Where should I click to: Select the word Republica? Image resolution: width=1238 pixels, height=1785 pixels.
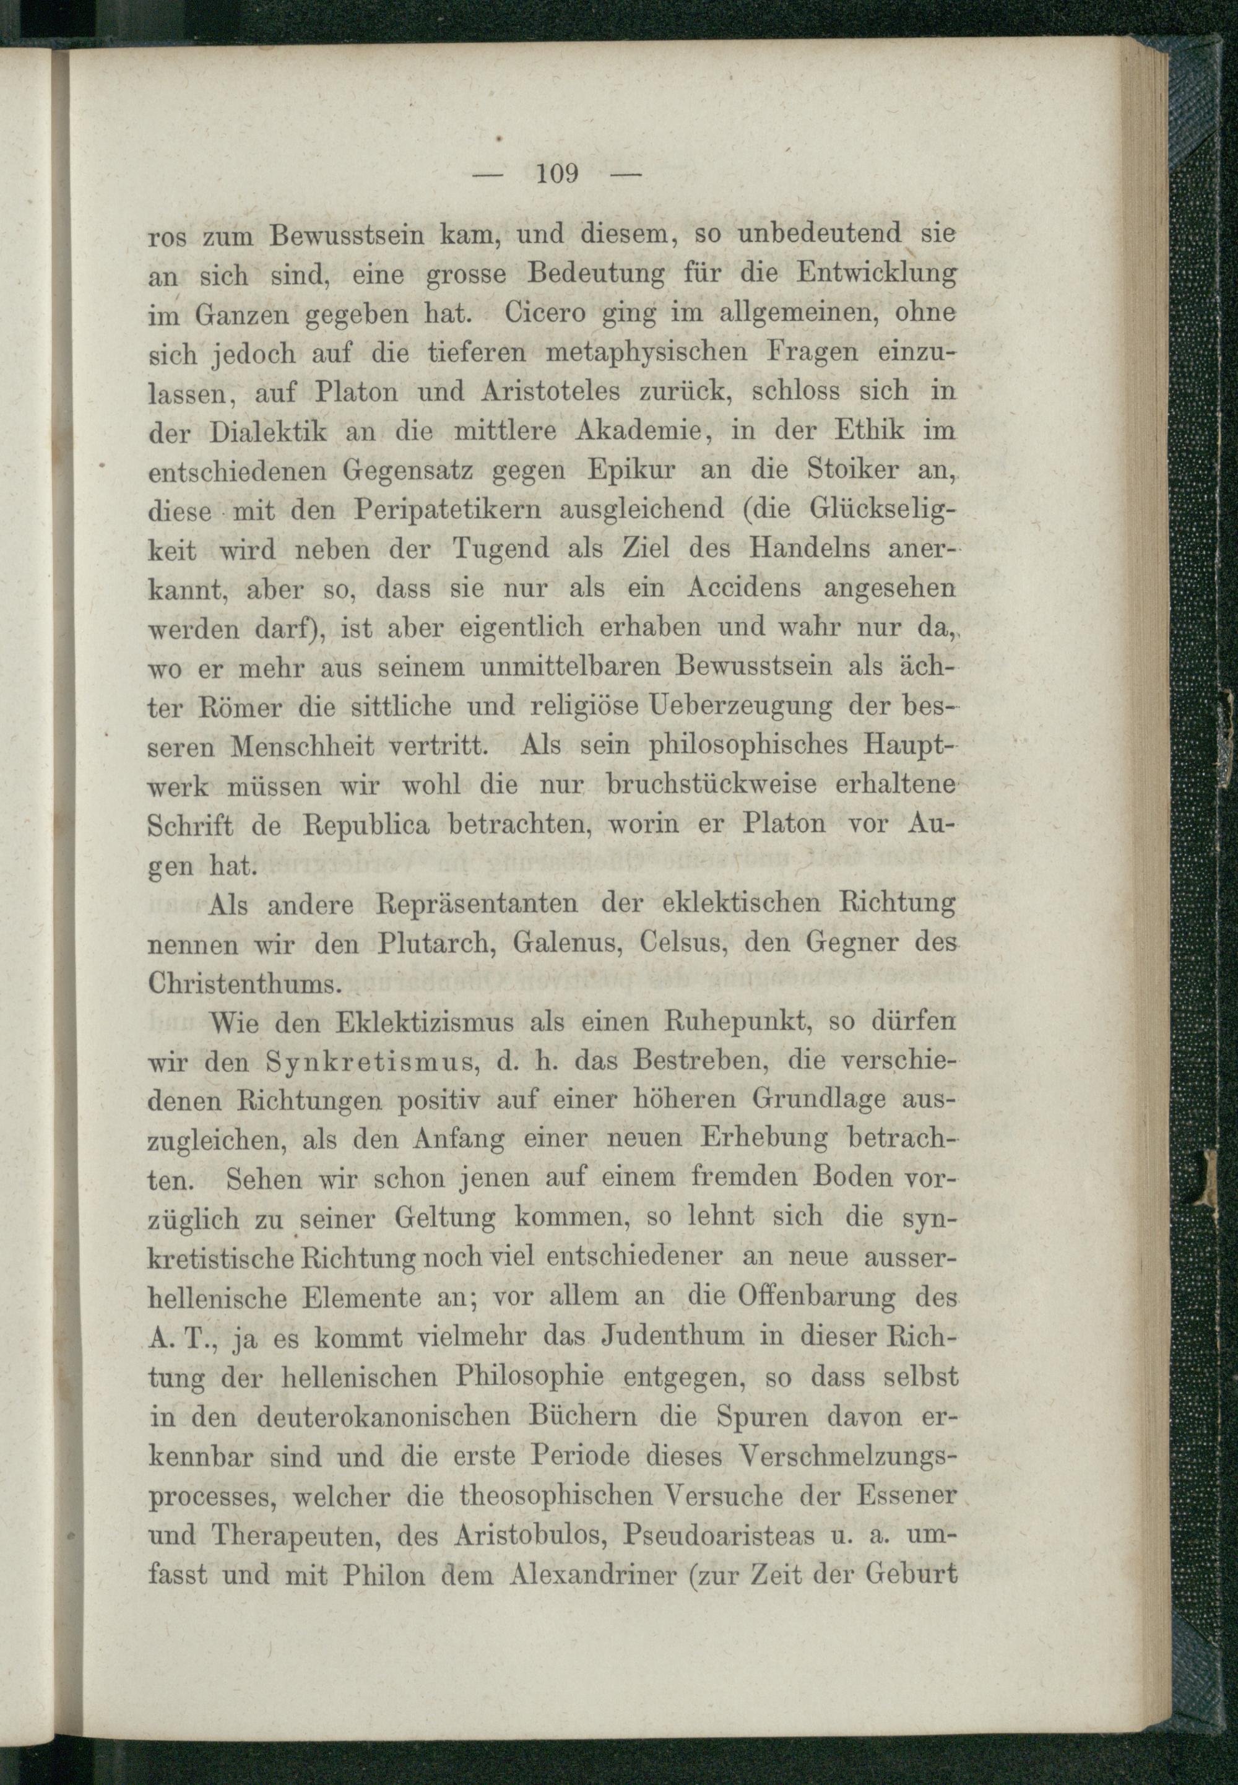(365, 825)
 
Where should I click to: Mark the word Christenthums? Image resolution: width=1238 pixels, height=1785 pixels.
(245, 984)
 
